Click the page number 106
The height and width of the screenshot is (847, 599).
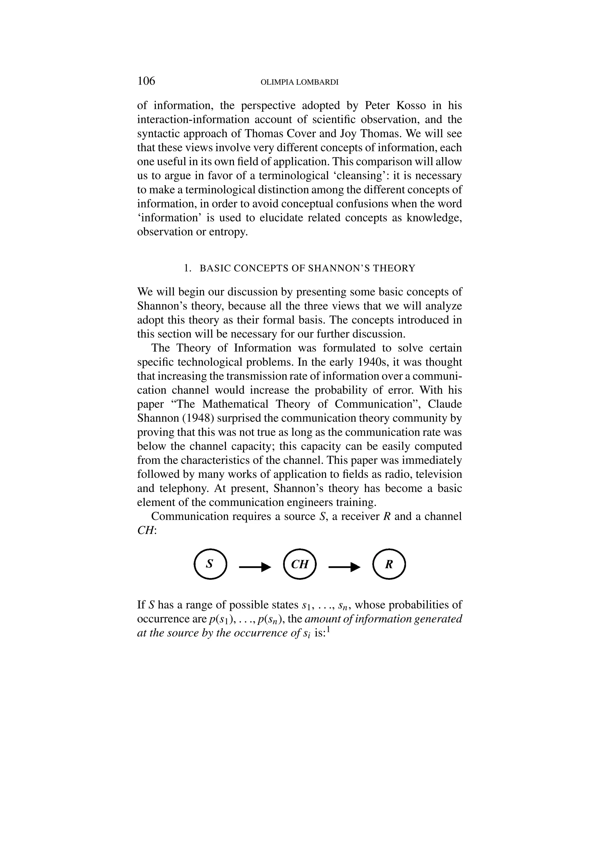pos(146,81)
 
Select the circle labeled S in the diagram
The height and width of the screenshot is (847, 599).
pos(210,564)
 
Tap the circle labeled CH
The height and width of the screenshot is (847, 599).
pos(300,564)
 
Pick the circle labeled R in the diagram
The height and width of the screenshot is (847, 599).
pos(389,564)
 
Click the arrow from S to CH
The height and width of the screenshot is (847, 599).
pos(255,567)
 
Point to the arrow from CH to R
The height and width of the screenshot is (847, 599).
pos(344,567)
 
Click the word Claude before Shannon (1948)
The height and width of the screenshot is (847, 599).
pos(445,404)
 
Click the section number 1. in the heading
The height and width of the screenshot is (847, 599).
pos(187,268)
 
